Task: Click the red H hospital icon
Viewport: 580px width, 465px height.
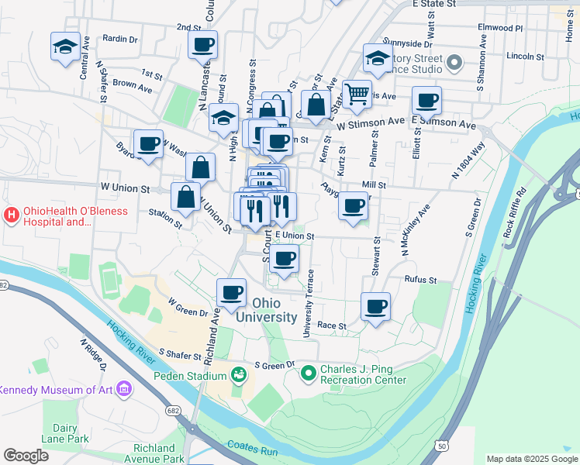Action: tap(12, 214)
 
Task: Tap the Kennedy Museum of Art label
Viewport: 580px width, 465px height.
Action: tap(56, 390)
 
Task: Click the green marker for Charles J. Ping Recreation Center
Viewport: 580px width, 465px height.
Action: tap(309, 374)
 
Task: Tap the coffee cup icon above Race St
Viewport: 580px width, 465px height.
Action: tap(376, 307)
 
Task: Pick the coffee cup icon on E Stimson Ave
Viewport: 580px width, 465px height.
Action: tap(426, 100)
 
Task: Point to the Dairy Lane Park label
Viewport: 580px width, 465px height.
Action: tap(65, 432)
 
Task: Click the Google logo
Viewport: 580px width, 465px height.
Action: tap(26, 456)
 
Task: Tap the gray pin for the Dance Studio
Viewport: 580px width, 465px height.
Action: tap(454, 62)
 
